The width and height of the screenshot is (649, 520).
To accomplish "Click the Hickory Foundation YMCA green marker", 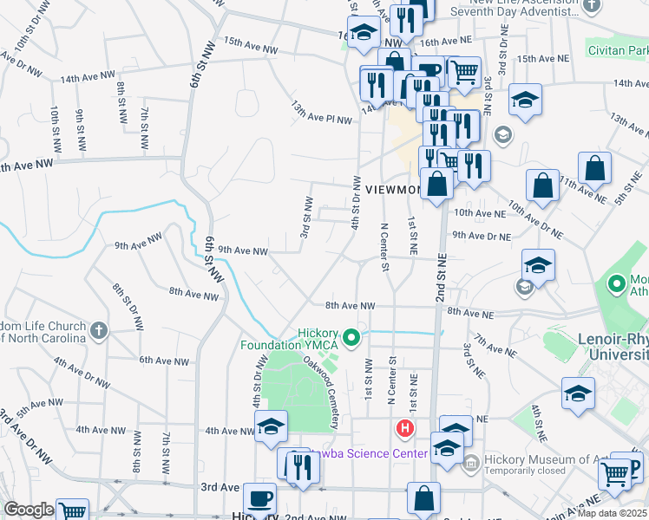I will point(351,337).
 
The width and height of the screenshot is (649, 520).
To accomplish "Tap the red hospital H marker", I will point(404,427).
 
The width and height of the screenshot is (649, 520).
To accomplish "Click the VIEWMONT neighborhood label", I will point(392,189).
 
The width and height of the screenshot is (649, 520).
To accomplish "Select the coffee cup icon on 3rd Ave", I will point(259,499).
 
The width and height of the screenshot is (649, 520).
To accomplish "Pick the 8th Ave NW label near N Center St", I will point(351,306).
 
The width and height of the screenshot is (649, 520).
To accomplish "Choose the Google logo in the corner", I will point(29,510).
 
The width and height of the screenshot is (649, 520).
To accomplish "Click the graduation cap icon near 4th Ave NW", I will point(271,426).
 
